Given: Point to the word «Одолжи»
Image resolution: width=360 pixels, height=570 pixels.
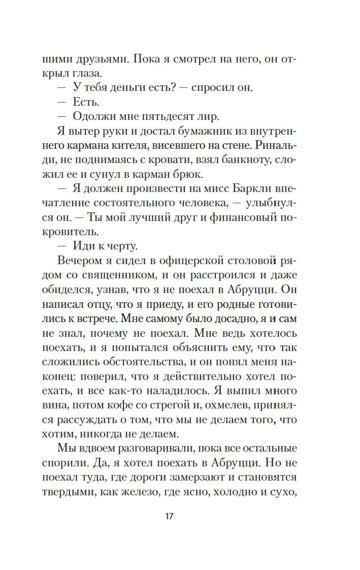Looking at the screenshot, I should (x=91, y=116).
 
